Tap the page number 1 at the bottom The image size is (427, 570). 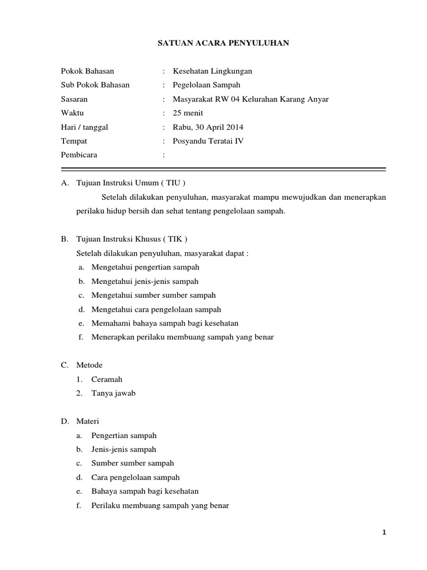384,533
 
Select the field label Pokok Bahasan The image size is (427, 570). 87,71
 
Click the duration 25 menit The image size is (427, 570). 188,113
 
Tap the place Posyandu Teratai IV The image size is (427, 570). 208,141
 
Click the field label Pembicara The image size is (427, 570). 79,155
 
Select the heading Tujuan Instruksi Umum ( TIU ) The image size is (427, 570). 130,183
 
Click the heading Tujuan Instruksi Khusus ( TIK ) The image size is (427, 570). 132,239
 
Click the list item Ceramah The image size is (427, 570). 107,379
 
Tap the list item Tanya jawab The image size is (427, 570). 113,393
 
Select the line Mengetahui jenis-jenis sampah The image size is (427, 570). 145,281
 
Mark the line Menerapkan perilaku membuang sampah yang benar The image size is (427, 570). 182,337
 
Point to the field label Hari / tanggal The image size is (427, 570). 84,127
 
